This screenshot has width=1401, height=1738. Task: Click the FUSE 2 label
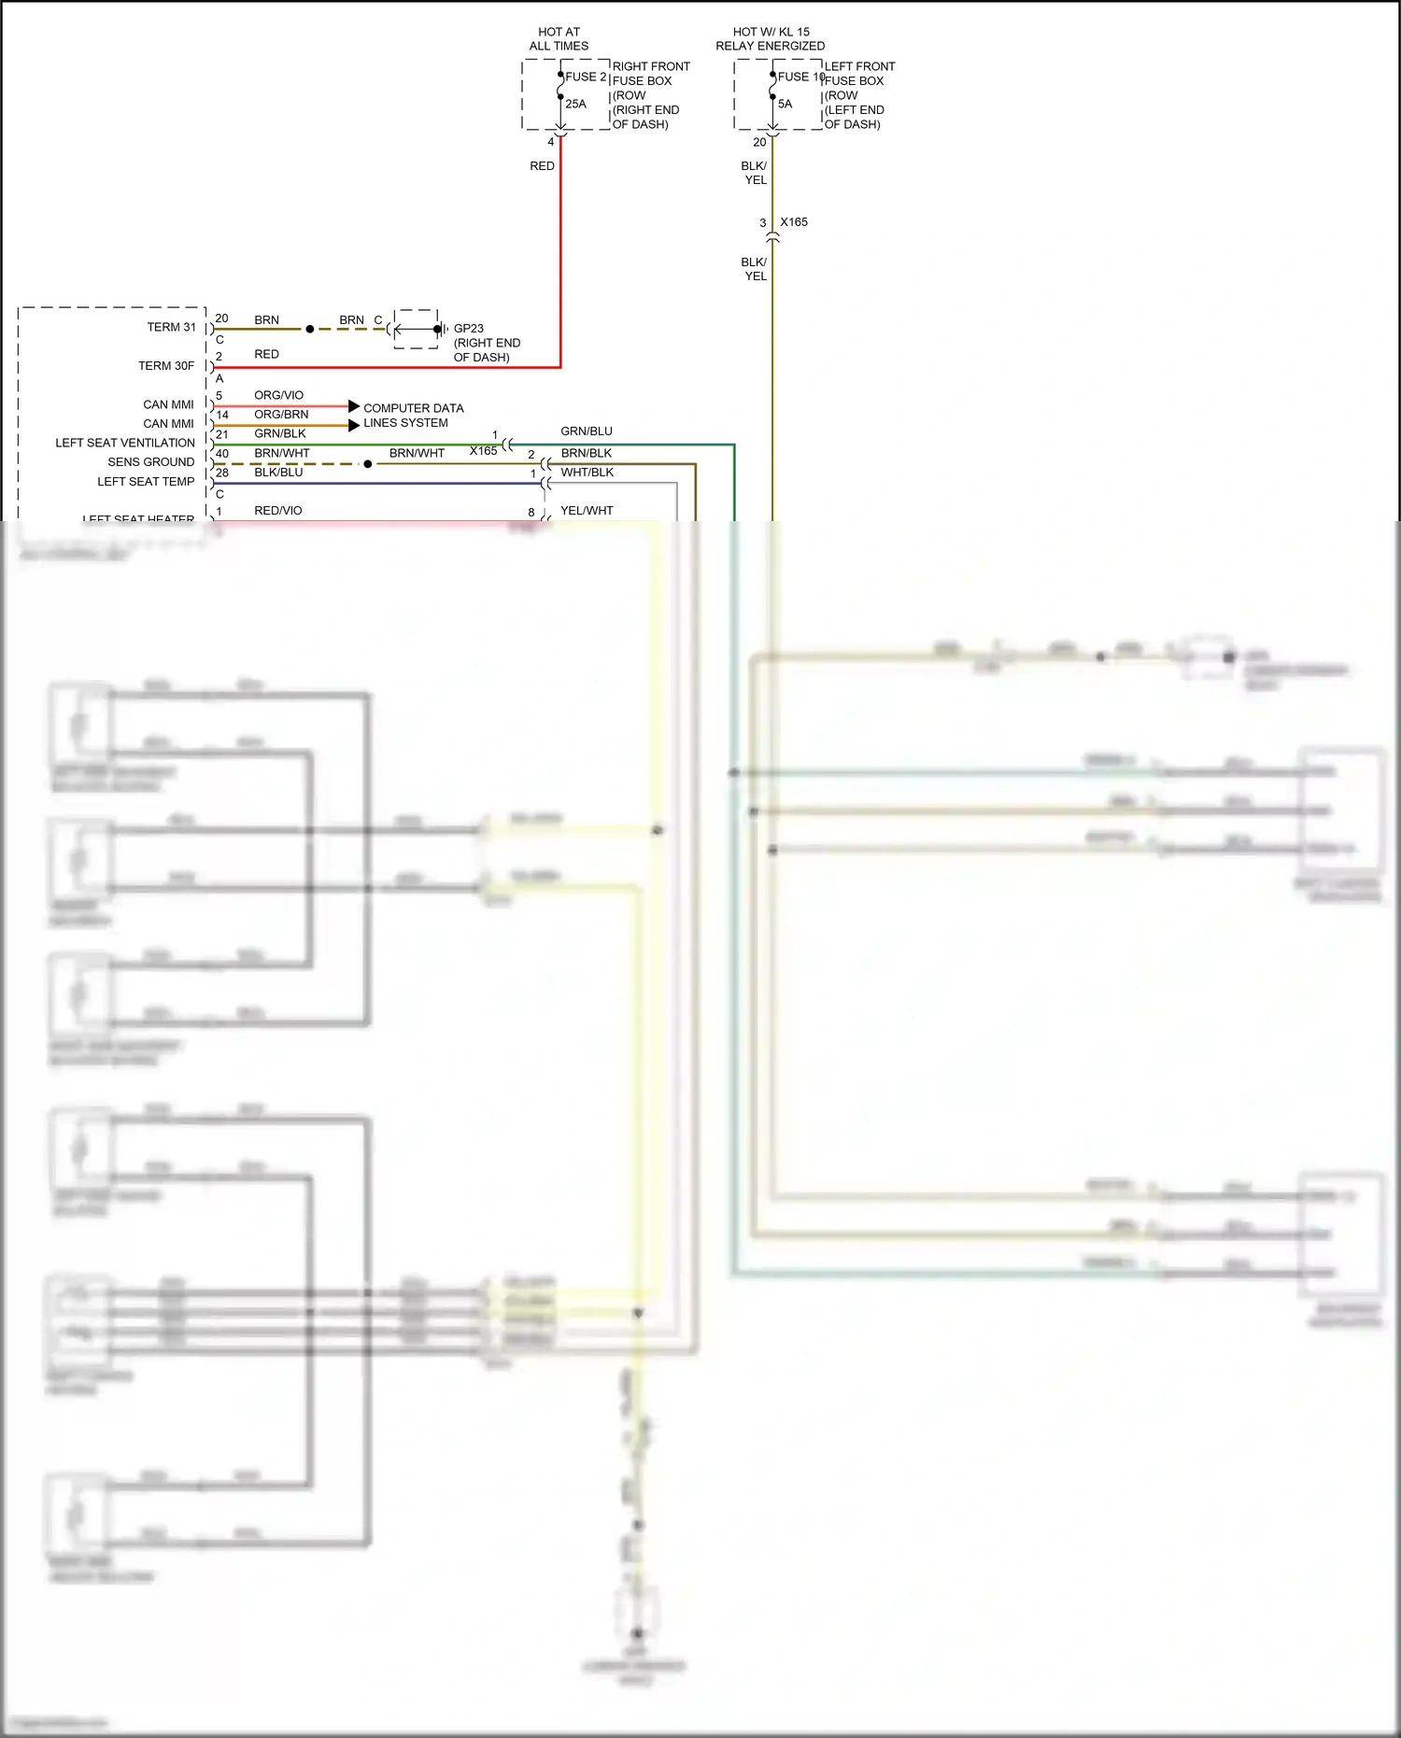[x=586, y=77]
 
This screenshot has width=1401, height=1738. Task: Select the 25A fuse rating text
[x=575, y=104]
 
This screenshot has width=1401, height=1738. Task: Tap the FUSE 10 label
[x=800, y=77]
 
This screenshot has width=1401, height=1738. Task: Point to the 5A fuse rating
[x=785, y=104]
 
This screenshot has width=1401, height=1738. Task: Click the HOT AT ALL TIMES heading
[x=559, y=38]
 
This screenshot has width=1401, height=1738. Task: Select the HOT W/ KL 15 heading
[x=771, y=32]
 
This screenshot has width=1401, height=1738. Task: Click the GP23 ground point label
[x=468, y=329]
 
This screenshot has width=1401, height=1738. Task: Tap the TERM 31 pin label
[x=171, y=327]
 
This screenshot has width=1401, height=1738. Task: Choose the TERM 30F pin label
[x=166, y=366]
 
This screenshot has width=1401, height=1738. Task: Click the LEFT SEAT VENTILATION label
[x=125, y=443]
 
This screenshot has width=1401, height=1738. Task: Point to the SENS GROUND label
[x=150, y=462]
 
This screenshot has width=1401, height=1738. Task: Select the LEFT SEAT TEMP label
[x=146, y=482]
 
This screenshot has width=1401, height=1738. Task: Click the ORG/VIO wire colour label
[x=278, y=395]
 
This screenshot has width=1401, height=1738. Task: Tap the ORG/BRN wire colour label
[x=281, y=415]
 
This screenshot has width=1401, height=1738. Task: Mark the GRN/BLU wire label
[x=587, y=431]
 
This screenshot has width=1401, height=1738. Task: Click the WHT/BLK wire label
[x=587, y=473]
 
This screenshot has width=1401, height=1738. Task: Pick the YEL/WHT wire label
[x=587, y=511]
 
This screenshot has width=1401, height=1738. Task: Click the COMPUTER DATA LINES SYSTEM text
[x=413, y=416]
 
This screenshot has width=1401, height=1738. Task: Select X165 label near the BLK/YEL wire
[x=794, y=222]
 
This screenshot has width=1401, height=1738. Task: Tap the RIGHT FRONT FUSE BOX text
[x=651, y=74]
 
